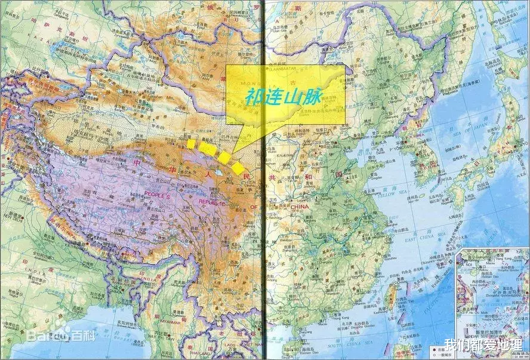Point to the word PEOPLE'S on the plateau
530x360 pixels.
tap(157, 196)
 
